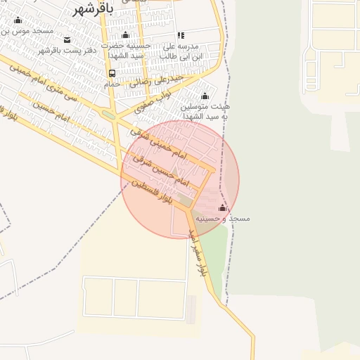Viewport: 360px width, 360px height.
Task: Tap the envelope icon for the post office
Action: pos(67,39)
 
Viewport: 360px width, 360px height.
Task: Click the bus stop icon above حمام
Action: pos(112,73)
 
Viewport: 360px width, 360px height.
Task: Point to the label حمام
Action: pos(112,84)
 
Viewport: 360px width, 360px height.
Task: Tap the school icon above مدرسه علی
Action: pos(181,35)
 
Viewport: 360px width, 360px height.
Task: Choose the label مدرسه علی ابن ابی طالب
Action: pos(184,51)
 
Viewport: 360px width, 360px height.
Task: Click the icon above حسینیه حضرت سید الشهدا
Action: pos(125,35)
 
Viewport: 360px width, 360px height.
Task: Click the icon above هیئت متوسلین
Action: pos(205,96)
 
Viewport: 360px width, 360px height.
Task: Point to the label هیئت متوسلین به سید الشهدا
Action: pos(205,110)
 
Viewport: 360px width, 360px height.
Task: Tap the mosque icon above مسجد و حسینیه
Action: pos(223,208)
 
